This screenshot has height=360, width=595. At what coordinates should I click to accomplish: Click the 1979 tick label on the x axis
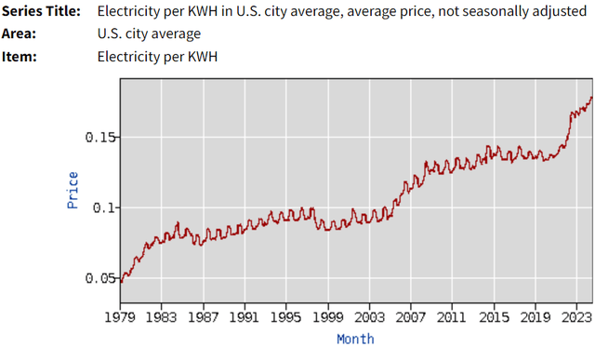[x=120, y=317]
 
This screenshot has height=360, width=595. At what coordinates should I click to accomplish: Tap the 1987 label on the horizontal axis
[x=203, y=317]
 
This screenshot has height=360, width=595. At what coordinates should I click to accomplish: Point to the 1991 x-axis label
[x=245, y=317]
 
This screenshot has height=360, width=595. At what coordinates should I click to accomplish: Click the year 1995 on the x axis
[x=286, y=317]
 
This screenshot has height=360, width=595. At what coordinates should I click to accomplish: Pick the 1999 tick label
[x=327, y=317]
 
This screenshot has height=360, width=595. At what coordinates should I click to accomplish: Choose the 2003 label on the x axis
[x=369, y=317]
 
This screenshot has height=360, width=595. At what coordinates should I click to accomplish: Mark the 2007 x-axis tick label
[x=410, y=317]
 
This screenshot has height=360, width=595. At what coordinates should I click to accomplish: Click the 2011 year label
[x=452, y=317]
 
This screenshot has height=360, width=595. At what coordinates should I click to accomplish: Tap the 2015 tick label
[x=494, y=317]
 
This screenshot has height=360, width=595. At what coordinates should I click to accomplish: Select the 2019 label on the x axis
[x=535, y=317]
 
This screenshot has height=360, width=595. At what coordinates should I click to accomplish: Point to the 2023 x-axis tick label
[x=575, y=317]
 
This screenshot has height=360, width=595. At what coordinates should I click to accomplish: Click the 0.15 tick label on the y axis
[x=100, y=137]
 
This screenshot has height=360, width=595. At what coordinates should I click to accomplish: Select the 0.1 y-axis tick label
[x=104, y=207]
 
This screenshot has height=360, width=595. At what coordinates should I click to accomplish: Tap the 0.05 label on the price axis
[x=100, y=278]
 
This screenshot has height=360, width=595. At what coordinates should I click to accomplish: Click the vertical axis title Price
[x=73, y=190]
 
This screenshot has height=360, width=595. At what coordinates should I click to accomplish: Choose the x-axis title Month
[x=355, y=340]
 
